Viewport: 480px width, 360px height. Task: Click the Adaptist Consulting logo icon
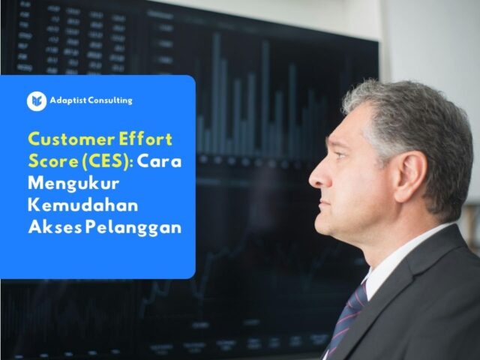coord(37,101)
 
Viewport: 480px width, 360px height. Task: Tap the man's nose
coord(318,178)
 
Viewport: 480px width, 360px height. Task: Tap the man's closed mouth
coord(323,204)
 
